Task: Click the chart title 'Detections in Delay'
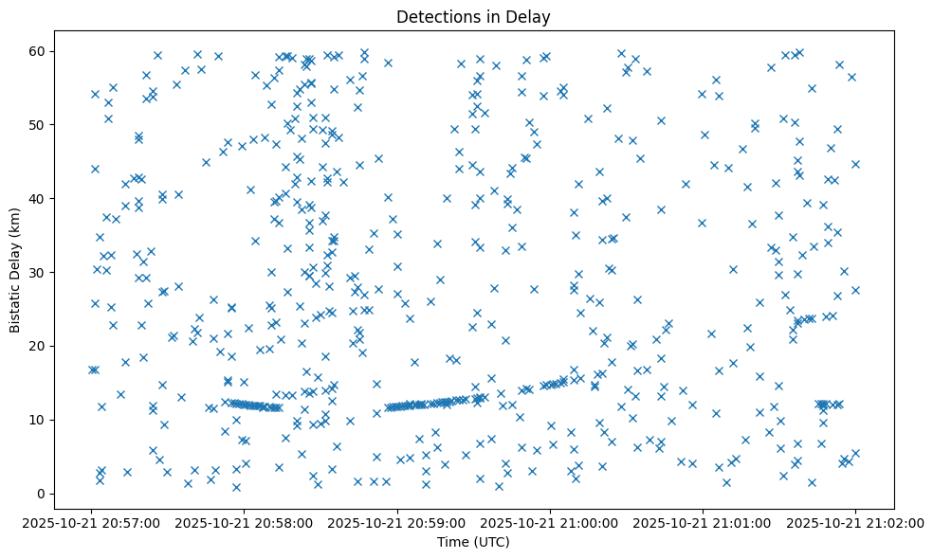click(473, 16)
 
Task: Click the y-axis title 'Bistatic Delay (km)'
click(15, 271)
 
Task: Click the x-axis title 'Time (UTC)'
click(473, 542)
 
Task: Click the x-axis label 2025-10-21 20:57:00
click(92, 522)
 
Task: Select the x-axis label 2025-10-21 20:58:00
click(245, 522)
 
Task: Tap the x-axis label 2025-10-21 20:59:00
click(397, 522)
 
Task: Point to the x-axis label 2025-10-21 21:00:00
click(550, 522)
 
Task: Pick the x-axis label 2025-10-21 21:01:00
click(703, 522)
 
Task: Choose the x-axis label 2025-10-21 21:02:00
click(855, 522)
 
